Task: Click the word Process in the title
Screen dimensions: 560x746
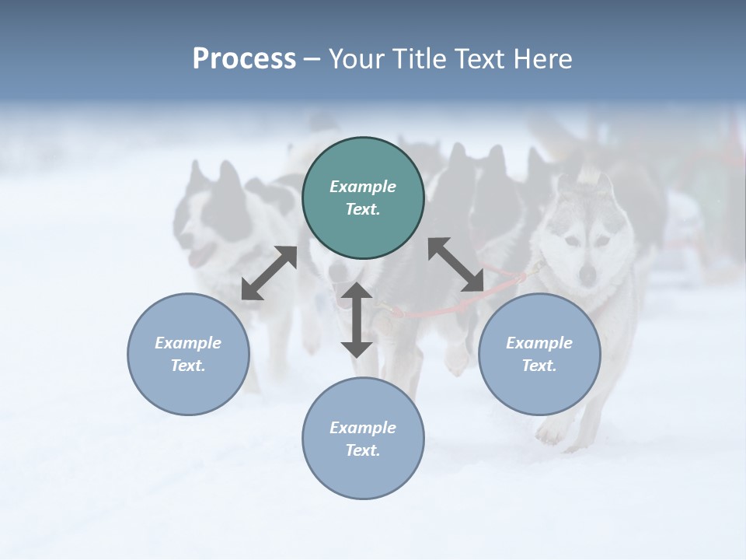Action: [244, 59]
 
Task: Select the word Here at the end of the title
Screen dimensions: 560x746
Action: [542, 59]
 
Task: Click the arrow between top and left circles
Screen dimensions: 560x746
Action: [269, 273]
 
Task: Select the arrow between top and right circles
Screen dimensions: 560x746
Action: [456, 264]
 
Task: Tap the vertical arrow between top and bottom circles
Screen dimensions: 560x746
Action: [357, 320]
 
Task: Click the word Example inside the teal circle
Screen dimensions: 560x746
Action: [363, 187]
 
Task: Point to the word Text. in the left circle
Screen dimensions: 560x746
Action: [188, 366]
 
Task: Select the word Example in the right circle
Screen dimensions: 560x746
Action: [539, 343]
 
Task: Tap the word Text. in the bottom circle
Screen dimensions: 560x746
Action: [363, 450]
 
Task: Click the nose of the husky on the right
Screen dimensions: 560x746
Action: [588, 274]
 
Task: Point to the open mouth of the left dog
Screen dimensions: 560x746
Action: [204, 254]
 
